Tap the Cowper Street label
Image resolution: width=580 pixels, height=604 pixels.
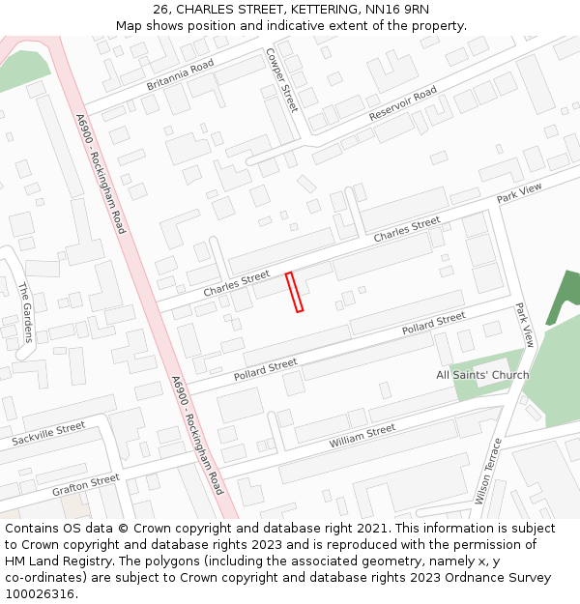point(282,79)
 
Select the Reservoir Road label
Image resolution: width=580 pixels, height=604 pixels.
point(403,103)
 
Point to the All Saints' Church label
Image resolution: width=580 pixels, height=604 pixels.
point(482,375)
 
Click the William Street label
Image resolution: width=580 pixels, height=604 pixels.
point(362,436)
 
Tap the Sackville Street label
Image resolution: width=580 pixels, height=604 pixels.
point(48,434)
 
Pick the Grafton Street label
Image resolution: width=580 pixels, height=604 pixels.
point(86,483)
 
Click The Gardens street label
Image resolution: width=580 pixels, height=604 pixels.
point(26,311)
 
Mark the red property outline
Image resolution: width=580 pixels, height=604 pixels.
point(294,292)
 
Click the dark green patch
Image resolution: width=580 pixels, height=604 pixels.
point(564,297)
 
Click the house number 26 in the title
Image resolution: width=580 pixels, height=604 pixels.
point(160,10)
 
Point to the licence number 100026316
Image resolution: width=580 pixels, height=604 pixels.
point(40,594)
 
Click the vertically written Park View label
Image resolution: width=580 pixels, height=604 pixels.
point(525,325)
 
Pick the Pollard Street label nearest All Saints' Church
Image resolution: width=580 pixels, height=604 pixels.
point(434,324)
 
